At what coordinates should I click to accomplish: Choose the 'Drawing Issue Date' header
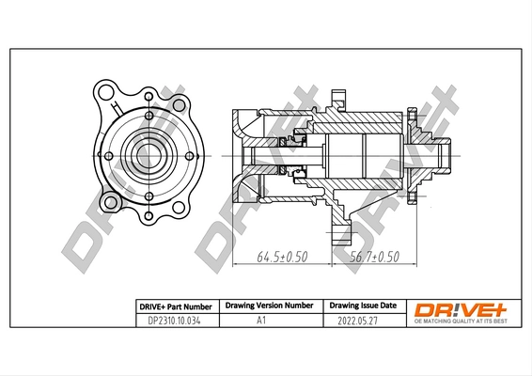[362, 306]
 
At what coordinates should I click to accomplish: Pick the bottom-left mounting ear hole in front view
[112, 201]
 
